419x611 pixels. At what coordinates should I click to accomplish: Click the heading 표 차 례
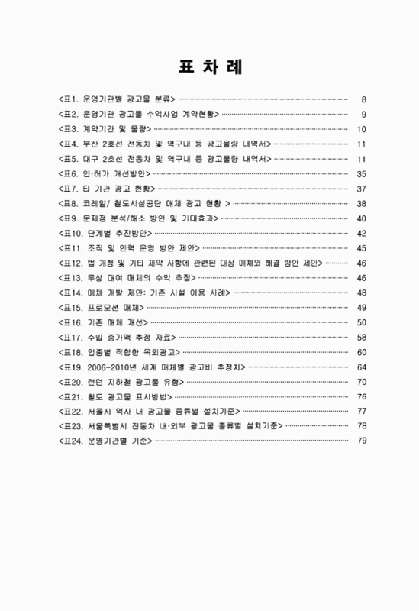[210, 66]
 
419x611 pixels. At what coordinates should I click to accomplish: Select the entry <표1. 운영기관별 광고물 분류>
[116, 99]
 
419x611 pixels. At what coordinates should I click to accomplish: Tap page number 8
[365, 99]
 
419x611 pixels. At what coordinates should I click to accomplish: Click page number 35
[363, 173]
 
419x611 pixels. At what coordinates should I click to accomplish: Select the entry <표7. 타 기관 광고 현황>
[106, 189]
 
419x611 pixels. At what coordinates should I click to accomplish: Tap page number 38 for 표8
[363, 203]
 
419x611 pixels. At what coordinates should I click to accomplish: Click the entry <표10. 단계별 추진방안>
[106, 233]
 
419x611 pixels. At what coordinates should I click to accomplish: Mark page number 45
[363, 248]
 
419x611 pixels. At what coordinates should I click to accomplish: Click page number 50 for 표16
[363, 322]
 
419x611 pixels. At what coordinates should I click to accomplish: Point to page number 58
[363, 337]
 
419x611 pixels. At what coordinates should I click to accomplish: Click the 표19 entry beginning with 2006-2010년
[153, 367]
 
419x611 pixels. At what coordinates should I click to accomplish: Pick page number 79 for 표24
[363, 441]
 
